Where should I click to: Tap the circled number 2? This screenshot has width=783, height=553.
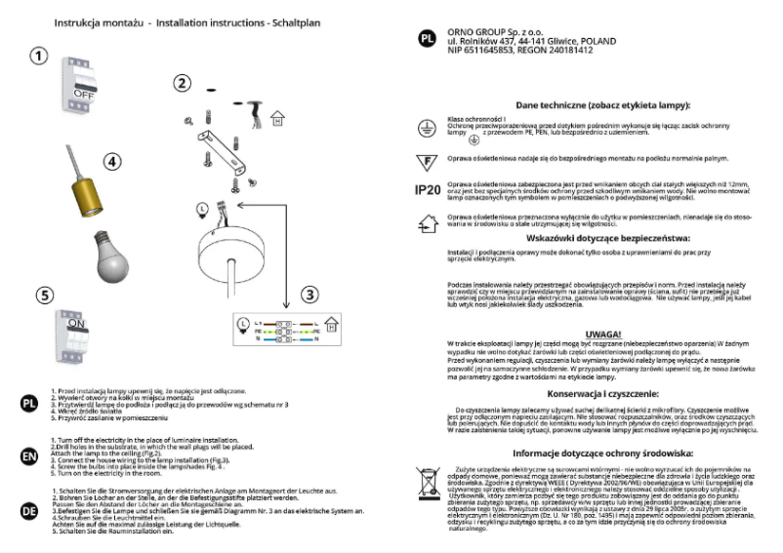(x=182, y=83)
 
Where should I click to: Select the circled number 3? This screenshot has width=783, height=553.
(x=309, y=294)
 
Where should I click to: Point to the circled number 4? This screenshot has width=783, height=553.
(x=113, y=161)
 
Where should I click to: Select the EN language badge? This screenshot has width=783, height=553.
(x=29, y=455)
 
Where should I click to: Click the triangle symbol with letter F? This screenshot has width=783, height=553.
(x=427, y=158)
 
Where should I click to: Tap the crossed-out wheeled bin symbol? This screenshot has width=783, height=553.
(x=427, y=481)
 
